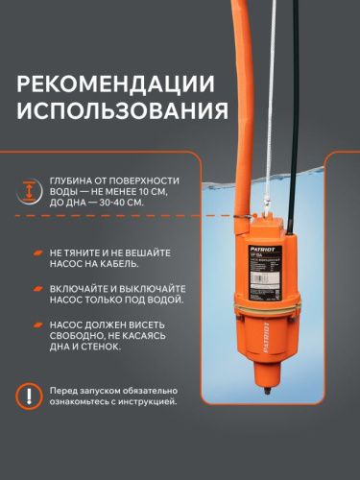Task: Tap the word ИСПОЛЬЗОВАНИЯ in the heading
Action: pos(121,116)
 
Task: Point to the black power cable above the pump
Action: pos(304,125)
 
